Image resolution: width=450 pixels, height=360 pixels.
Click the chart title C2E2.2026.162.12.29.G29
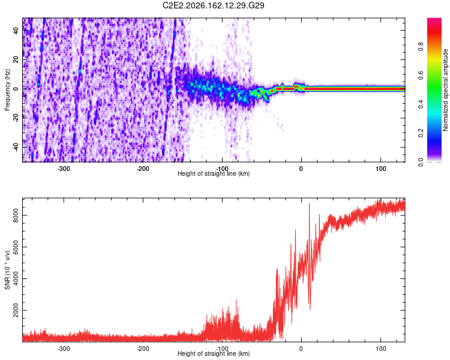coord(213,5)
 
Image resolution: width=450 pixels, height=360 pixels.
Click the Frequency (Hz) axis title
coord(7,90)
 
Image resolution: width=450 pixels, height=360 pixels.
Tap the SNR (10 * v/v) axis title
coord(7,270)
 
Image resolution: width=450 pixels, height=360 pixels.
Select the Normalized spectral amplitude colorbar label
coord(445,90)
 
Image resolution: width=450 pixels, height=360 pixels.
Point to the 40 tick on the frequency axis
coord(16,30)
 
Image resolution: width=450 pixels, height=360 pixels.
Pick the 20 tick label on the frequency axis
coord(16,59)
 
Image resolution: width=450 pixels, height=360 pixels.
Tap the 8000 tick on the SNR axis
coord(16,215)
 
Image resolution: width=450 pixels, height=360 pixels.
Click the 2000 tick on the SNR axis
coord(16,310)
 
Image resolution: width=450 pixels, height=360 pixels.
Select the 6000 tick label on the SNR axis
coord(16,247)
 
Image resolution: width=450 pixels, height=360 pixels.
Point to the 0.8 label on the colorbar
coord(421,46)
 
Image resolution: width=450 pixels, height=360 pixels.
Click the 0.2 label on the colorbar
coord(421,133)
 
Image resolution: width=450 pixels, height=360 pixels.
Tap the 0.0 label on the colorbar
coord(421,162)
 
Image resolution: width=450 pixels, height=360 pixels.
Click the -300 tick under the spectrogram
coord(64,169)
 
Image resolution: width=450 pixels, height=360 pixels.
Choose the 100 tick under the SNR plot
coord(381,349)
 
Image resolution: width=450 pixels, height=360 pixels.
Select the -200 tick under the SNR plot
coord(143,349)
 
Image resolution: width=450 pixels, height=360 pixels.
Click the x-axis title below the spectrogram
coord(214,173)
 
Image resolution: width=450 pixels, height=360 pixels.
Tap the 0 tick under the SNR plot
coord(301,349)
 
